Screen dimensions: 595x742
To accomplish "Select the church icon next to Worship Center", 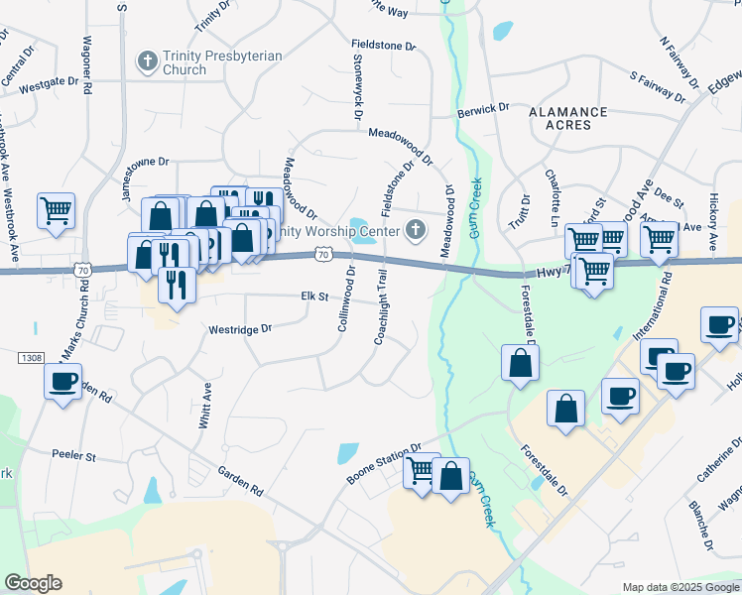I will (415, 232).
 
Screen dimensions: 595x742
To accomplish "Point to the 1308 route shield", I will (31, 356).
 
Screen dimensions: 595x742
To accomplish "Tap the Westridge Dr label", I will (239, 329).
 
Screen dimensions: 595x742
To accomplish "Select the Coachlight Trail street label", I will (383, 306).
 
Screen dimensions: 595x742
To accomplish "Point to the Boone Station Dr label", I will (385, 463).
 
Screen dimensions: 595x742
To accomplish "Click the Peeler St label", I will (73, 456).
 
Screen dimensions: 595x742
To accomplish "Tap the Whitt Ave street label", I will (205, 406).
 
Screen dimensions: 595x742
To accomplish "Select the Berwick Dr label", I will (483, 110).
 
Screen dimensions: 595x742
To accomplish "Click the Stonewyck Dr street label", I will (356, 86).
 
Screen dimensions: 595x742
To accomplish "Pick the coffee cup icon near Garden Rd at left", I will (63, 380).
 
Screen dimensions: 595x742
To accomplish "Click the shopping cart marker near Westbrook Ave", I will (57, 210).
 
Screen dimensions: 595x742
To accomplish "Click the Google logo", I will (33, 583).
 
